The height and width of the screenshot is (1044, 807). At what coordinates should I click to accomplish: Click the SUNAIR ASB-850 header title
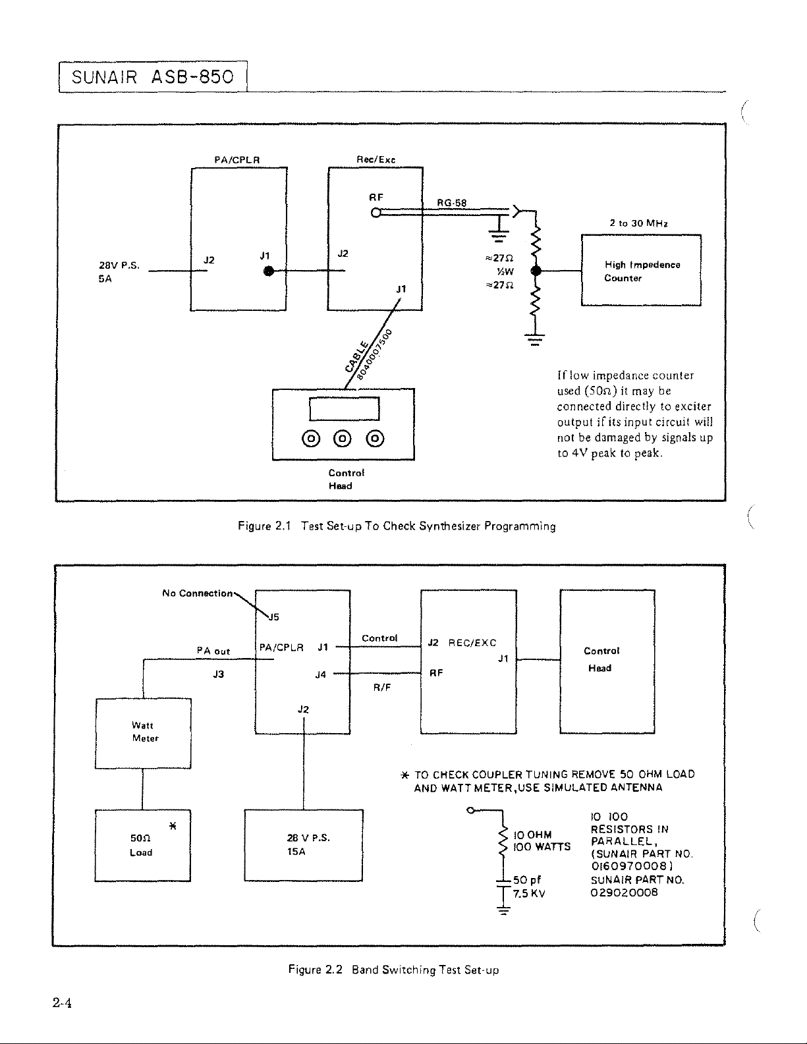tap(153, 77)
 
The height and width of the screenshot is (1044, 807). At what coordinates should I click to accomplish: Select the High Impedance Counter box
tap(641, 270)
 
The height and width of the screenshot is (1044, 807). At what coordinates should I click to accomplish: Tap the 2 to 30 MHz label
tap(639, 223)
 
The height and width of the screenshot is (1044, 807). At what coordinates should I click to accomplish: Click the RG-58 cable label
tap(451, 203)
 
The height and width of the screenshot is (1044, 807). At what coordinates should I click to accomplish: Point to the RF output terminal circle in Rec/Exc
tap(376, 212)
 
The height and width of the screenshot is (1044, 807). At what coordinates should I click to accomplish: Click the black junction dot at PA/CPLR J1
tap(269, 271)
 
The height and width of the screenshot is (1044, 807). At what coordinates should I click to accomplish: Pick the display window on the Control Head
tap(344, 408)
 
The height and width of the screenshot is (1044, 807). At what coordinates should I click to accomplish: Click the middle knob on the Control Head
tap(343, 438)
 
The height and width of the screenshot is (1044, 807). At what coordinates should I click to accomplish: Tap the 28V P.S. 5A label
tap(119, 272)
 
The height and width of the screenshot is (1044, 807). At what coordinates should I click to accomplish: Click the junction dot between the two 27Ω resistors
tap(536, 271)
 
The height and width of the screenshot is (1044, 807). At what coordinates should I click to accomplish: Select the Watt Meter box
tap(143, 733)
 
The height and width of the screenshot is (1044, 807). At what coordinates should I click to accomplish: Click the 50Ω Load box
tap(143, 845)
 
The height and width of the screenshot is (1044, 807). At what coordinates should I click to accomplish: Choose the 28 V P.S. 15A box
tap(304, 845)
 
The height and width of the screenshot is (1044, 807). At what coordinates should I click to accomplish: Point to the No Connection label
tap(198, 593)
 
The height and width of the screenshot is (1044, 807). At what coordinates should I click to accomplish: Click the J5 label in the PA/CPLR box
tap(273, 617)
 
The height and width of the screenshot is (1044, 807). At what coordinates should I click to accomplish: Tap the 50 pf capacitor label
tap(527, 880)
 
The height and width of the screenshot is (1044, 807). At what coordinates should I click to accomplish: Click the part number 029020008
tap(624, 893)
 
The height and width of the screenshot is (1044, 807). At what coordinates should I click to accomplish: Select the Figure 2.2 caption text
tap(393, 970)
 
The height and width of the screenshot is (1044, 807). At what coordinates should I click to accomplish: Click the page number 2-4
tap(63, 1003)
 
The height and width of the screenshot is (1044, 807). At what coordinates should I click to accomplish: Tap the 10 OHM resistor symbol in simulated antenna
tap(503, 841)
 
